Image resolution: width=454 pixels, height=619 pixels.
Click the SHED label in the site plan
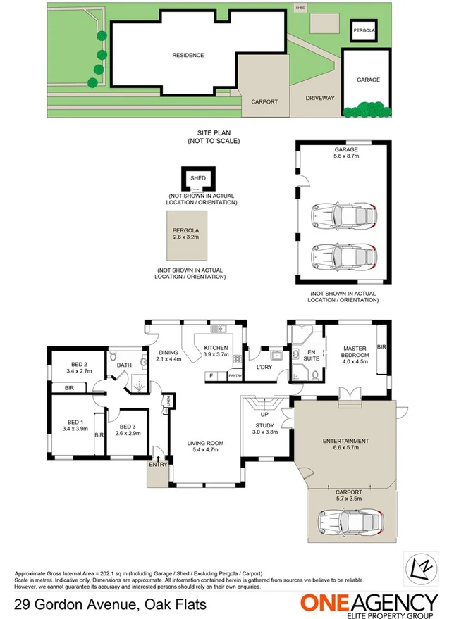tap(300, 8)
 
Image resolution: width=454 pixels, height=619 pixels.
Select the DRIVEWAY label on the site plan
tap(320, 99)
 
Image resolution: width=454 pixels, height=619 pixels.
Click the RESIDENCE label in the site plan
tap(188, 55)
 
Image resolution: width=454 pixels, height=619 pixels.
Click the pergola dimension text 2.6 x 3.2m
tap(186, 237)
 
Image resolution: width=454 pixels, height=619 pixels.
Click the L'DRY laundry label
tap(264, 368)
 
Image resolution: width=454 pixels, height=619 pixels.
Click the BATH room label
tap(125, 365)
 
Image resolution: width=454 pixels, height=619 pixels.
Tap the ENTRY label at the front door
tap(157, 464)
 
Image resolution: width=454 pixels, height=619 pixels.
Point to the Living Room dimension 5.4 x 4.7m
tap(205, 451)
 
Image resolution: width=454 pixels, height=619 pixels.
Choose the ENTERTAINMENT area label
tap(346, 440)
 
